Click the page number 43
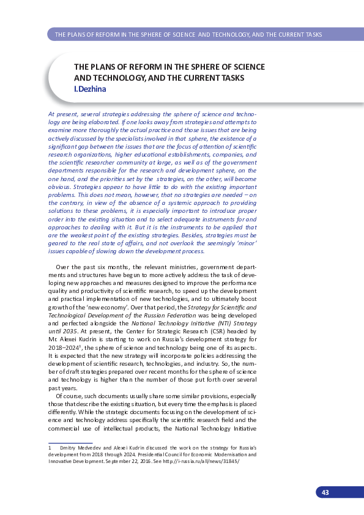click(x=325, y=493)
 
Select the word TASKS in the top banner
click(x=311, y=34)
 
